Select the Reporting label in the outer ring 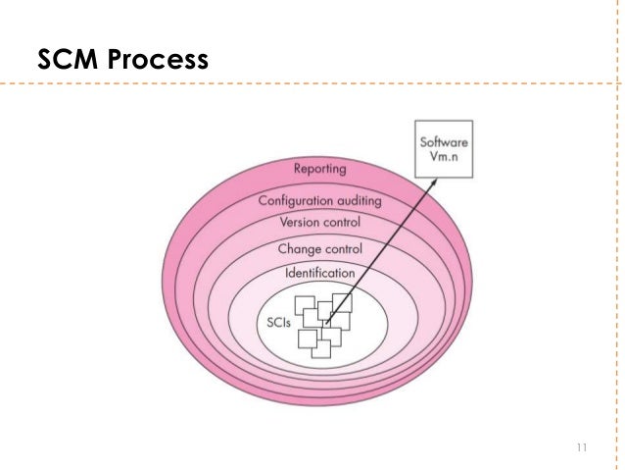[325, 169]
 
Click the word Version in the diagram [302, 223]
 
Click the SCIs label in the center [280, 322]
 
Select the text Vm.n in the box [444, 159]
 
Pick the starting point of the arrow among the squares [326, 322]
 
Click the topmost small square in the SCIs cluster [342, 301]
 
